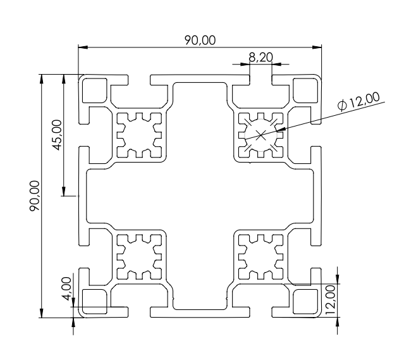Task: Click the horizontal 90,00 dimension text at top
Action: (x=200, y=40)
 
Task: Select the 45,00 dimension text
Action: (x=56, y=135)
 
